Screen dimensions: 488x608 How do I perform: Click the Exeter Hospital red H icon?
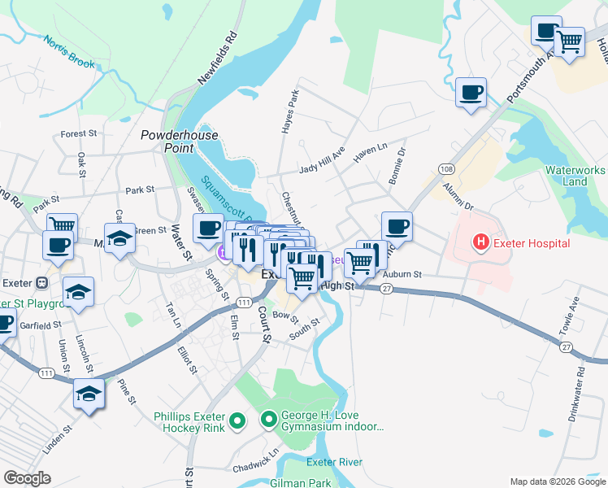click(x=481, y=242)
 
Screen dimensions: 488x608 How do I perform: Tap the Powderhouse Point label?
click(x=167, y=142)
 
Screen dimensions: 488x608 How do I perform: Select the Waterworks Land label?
click(x=575, y=176)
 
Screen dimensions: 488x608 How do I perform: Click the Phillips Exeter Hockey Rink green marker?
click(x=237, y=420)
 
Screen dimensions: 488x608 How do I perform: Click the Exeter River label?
click(x=334, y=462)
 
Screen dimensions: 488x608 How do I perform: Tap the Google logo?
click(x=28, y=478)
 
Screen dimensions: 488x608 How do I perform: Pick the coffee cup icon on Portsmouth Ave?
click(x=471, y=93)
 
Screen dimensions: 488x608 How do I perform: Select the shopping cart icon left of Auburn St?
click(x=358, y=262)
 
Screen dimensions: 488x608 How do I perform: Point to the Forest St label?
click(x=79, y=133)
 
